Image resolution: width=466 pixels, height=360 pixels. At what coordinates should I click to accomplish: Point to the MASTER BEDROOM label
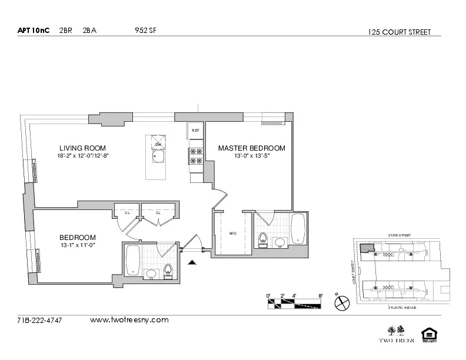251,148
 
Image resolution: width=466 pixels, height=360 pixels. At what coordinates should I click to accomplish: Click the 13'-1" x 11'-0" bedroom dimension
78,245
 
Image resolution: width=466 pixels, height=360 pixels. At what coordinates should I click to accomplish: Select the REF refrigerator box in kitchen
195,130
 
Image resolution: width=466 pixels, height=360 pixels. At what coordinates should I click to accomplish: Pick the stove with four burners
195,155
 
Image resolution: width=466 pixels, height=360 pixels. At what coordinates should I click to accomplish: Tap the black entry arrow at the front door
191,264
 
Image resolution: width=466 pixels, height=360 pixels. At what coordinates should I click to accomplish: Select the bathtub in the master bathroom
298,228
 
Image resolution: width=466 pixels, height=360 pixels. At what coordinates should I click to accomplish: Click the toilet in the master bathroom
262,238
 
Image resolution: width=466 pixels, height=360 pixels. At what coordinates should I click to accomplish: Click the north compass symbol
342,304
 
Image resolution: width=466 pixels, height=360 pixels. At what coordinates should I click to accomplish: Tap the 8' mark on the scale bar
320,296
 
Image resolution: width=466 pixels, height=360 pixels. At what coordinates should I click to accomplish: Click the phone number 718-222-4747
40,321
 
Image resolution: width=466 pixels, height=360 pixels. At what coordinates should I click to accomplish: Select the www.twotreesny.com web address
129,321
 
